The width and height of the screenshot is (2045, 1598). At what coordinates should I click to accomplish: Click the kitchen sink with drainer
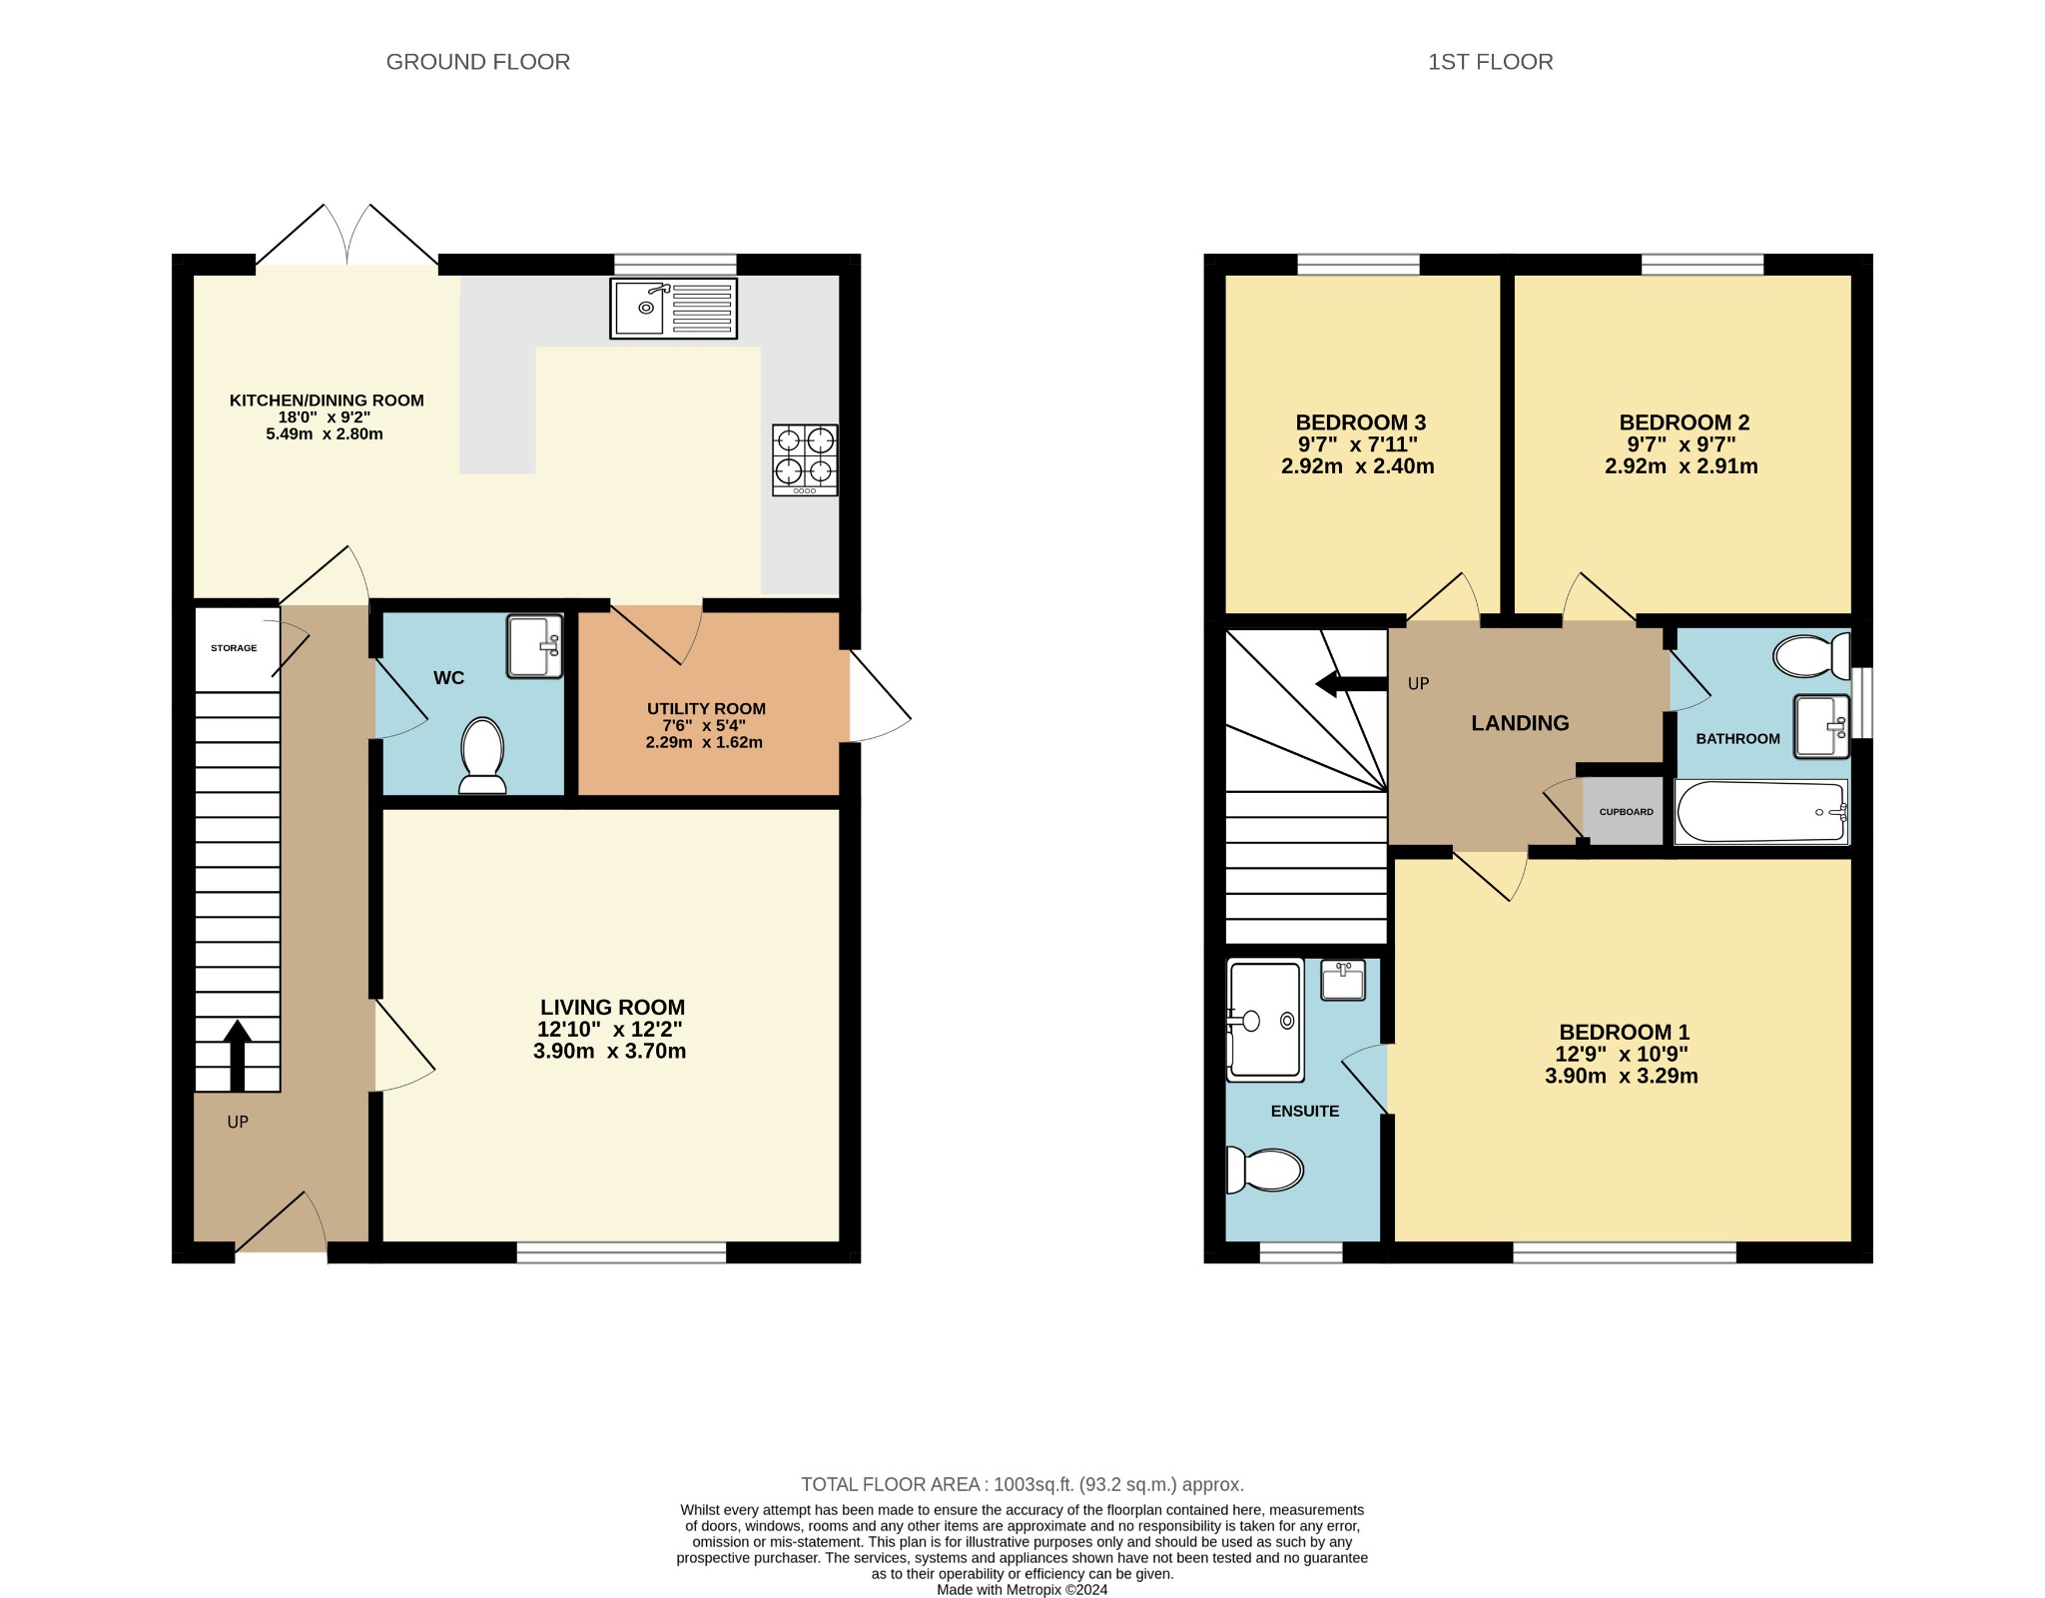673,308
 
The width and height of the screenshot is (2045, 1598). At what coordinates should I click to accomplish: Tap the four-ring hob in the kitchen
805,460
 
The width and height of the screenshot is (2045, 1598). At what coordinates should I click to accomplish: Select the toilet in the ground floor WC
482,755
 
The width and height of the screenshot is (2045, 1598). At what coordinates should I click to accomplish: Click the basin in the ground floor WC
534,647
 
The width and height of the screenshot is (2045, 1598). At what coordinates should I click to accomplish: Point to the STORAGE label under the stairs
234,648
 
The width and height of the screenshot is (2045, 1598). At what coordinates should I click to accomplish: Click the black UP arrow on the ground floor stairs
237,1055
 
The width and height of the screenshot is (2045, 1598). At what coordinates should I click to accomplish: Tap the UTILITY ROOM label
706,709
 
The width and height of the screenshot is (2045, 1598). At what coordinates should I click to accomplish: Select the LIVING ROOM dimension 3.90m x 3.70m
610,1051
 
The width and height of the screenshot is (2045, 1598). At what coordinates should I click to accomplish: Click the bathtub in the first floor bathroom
1760,812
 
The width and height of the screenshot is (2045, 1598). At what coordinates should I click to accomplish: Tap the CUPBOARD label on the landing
1626,812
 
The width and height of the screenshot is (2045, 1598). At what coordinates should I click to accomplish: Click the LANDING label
1520,723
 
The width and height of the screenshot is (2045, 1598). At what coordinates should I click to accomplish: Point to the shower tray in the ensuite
1265,1020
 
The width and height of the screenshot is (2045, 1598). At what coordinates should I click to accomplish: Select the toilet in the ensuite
1265,1170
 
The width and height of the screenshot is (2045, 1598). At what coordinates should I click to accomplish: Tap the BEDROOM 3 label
1360,422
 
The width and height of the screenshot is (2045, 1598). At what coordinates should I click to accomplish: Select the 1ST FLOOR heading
1490,62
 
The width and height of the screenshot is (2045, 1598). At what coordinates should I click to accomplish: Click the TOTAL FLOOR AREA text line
1022,1485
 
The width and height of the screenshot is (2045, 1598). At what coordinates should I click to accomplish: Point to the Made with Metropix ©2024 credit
1022,1590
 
